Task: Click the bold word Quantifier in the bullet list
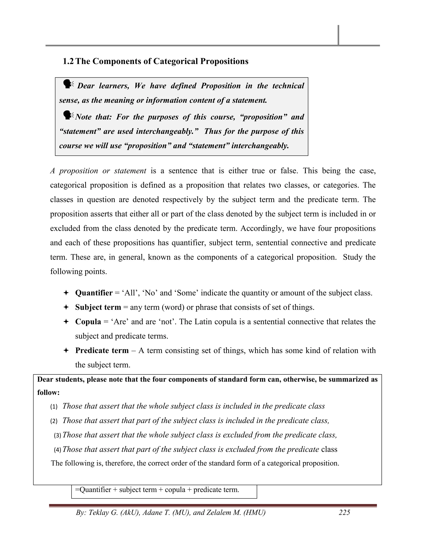click(x=94, y=293)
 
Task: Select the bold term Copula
click(x=88, y=322)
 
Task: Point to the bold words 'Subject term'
click(x=98, y=307)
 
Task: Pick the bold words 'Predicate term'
click(x=102, y=350)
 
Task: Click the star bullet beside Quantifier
click(x=66, y=293)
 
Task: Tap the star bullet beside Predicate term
click(x=66, y=350)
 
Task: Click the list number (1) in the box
click(x=54, y=407)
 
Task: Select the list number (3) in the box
click(x=58, y=435)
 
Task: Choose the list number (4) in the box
click(x=58, y=450)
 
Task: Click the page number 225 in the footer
click(x=344, y=512)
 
